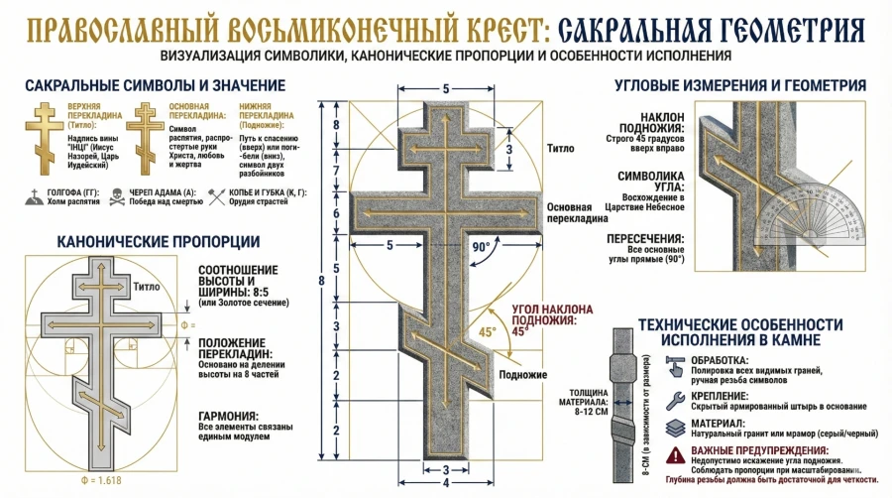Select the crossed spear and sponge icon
coord(218,196)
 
